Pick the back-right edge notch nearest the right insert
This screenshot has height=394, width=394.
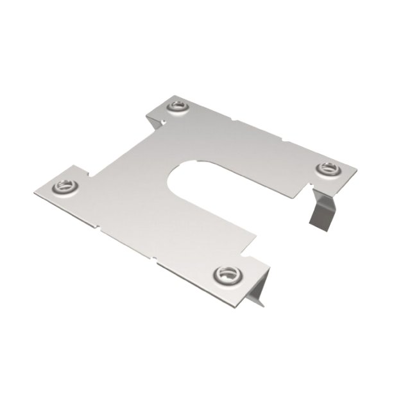coord(283,138)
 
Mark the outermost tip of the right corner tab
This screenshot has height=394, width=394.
coord(357,171)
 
